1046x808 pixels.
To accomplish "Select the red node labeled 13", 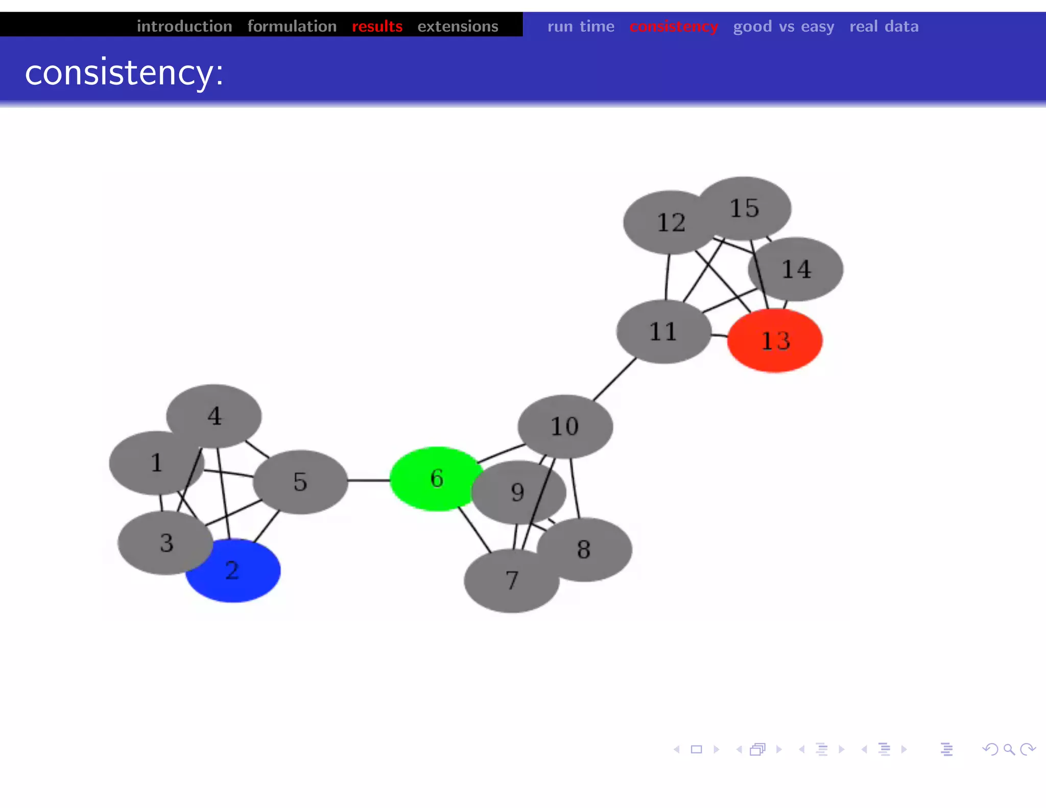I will click(x=775, y=341).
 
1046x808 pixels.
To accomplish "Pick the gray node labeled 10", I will click(x=565, y=426).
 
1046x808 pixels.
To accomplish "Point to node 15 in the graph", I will click(x=745, y=208).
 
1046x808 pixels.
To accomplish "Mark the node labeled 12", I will click(x=670, y=222).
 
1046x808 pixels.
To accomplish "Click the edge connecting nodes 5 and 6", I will click(x=369, y=480).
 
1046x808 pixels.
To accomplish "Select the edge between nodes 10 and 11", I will click(x=614, y=379).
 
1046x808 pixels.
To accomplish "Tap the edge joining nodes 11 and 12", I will click(x=668, y=277).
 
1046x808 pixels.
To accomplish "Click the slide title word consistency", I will click(x=124, y=73).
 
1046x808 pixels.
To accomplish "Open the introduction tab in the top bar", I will click(x=184, y=26).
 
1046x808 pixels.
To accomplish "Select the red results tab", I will click(x=377, y=26).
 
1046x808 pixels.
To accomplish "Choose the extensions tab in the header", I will click(x=458, y=26).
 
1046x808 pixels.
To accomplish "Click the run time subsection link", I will click(x=581, y=26).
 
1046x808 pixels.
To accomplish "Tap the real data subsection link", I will click(x=884, y=26).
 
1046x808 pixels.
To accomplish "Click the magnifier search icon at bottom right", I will click(x=1009, y=749).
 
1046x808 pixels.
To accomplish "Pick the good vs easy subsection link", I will click(x=783, y=26).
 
